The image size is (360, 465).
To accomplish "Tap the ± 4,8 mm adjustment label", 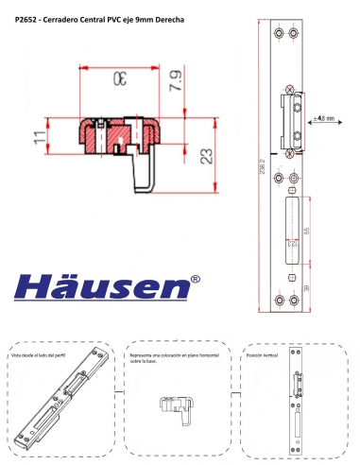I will point(324,119).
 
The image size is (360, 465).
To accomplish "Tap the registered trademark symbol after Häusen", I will point(195,279).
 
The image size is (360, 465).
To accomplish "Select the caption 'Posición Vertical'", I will point(264,355).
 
